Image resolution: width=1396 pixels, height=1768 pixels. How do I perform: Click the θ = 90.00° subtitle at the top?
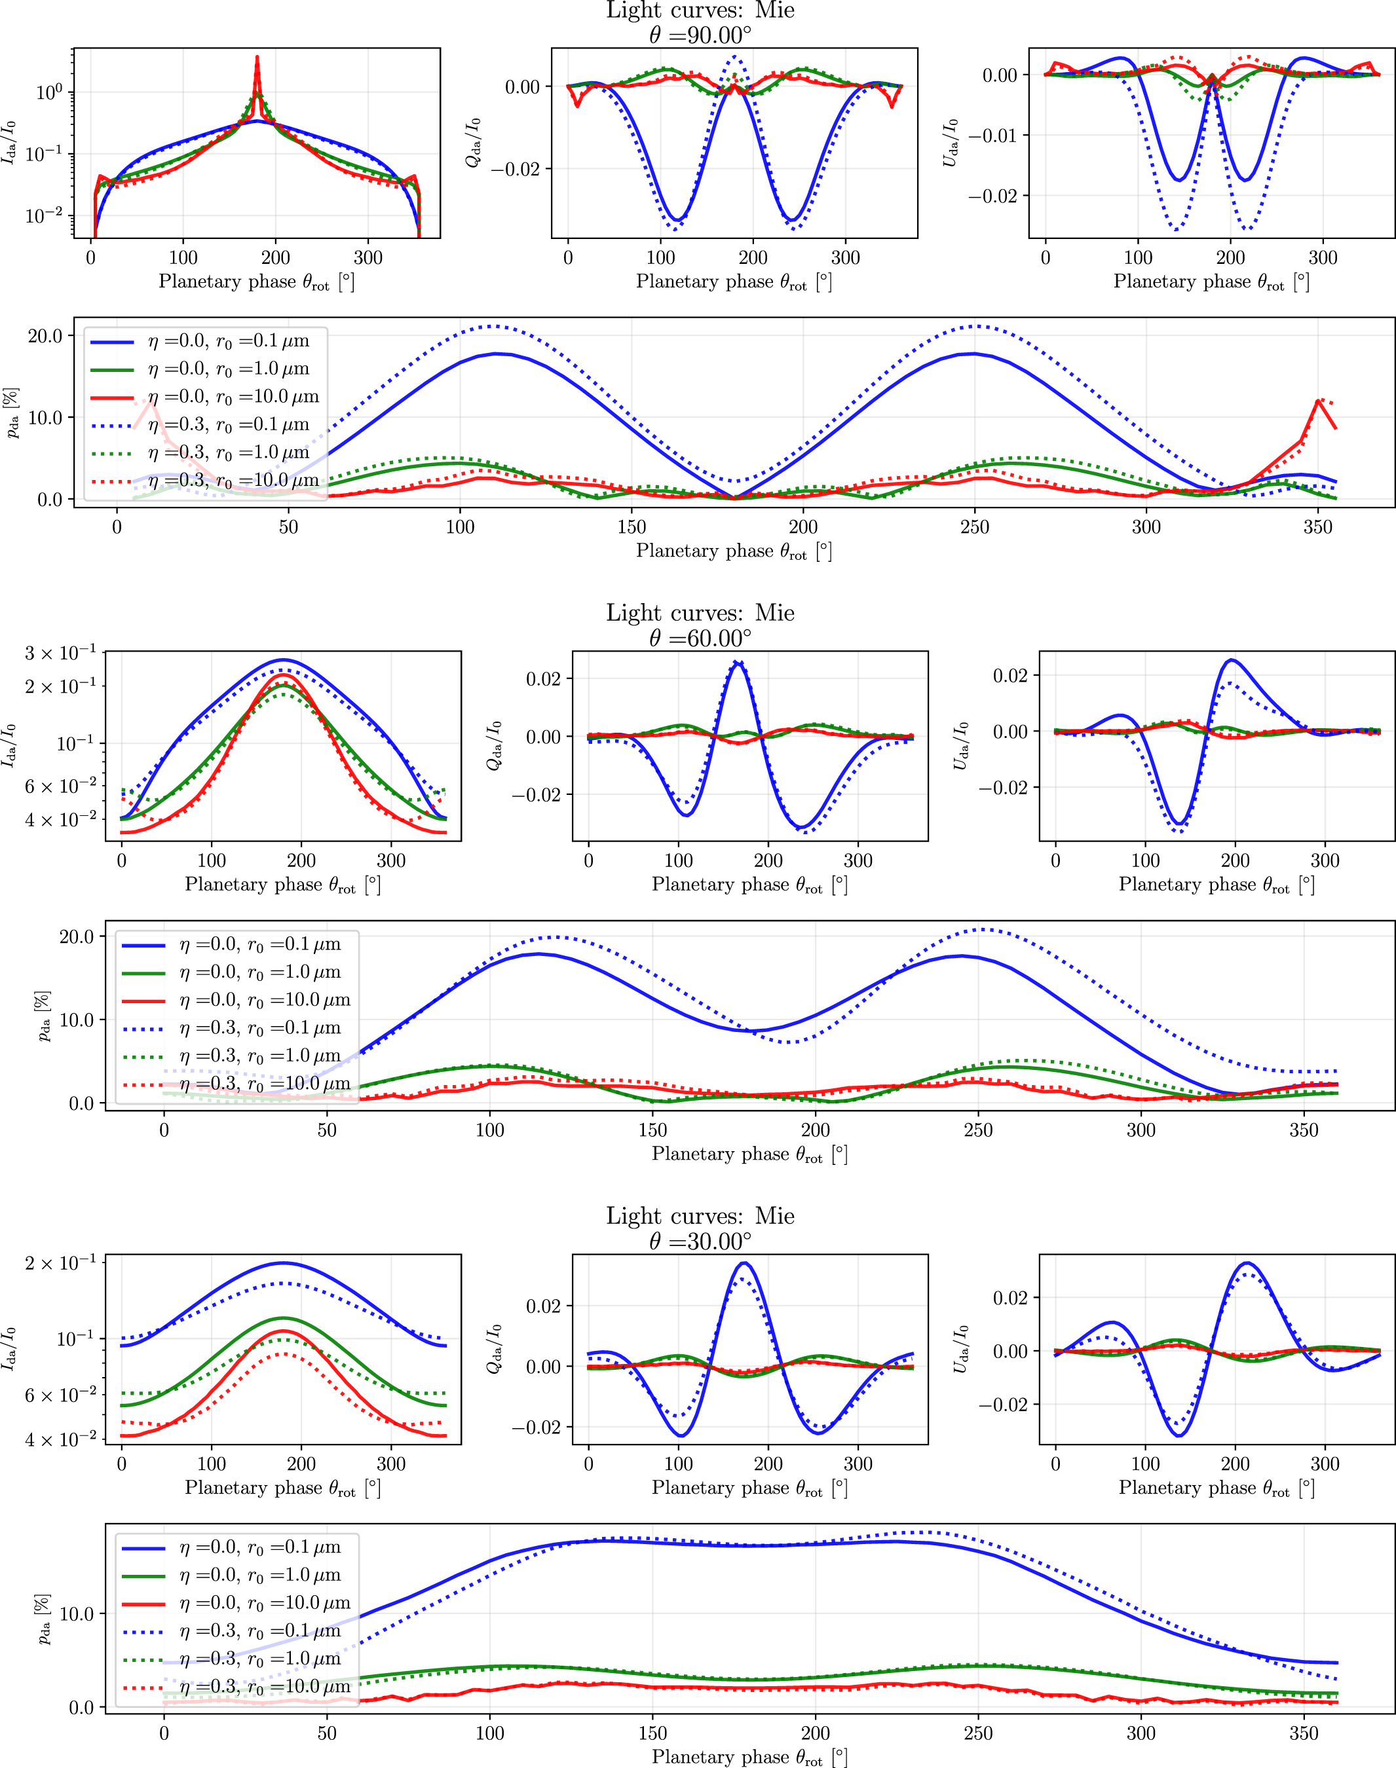[x=700, y=35]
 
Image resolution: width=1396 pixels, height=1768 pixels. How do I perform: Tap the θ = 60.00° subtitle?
[x=700, y=638]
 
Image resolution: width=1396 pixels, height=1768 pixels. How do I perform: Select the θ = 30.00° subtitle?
[x=700, y=1241]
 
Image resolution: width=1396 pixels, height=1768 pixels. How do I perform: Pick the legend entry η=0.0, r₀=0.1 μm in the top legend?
[x=228, y=342]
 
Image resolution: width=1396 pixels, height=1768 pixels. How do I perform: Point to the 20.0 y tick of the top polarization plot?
[x=46, y=336]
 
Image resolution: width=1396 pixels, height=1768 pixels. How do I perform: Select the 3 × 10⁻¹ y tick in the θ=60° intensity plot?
[x=60, y=654]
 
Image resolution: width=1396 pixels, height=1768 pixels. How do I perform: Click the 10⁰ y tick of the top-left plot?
[x=49, y=92]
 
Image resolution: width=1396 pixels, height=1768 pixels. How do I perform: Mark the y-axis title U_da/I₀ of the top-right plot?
[x=950, y=143]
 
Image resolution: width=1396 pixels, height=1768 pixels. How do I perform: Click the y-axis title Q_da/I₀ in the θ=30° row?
[x=494, y=1349]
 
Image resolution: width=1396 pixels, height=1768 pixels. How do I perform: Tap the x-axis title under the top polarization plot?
[x=734, y=551]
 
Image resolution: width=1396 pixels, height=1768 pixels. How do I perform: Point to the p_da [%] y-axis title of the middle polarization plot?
[x=43, y=1016]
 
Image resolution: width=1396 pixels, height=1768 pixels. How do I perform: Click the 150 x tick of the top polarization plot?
[x=632, y=527]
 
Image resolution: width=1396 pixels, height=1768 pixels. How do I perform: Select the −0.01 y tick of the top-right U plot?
[x=994, y=136]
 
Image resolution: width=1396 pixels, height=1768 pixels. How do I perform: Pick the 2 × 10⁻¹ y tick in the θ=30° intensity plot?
[x=60, y=1264]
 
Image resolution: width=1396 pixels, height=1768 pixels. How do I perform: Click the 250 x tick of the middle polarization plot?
[x=977, y=1130]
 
